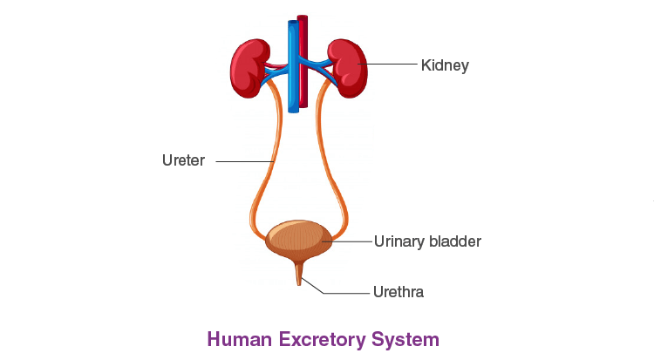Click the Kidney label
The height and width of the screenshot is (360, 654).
coord(445,65)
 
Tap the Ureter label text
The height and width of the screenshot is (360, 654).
coord(183,160)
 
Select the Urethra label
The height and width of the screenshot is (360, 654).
coord(398,292)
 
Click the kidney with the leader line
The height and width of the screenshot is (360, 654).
coord(348,67)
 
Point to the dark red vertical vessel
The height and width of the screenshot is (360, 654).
coord(303,61)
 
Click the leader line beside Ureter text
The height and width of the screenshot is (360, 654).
coord(244,161)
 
